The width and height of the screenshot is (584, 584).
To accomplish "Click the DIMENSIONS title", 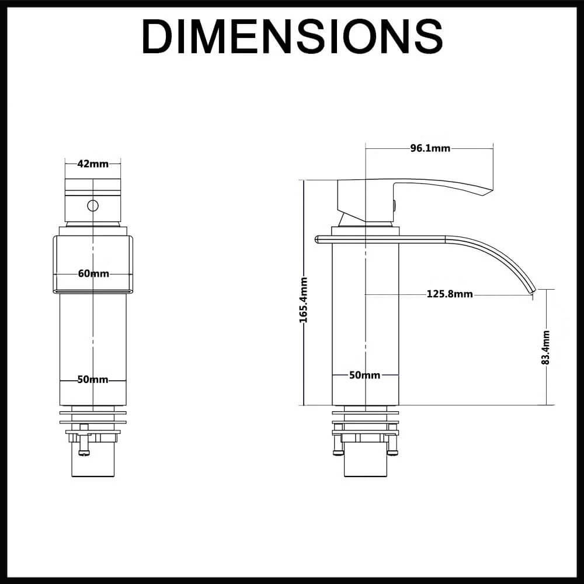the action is click(x=292, y=36).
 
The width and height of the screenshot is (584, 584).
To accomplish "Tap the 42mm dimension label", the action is click(x=93, y=164).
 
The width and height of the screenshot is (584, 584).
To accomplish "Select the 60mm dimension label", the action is click(x=93, y=273).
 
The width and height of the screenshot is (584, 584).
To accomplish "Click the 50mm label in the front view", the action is click(x=93, y=380).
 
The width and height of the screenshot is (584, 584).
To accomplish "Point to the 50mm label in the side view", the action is click(x=364, y=375).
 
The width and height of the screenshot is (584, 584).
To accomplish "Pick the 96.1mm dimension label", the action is click(x=430, y=148).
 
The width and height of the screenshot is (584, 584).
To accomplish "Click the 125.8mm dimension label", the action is click(x=450, y=294).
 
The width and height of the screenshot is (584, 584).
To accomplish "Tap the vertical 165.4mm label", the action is click(x=304, y=300).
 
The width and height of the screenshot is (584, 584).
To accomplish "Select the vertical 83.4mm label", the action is click(x=546, y=347).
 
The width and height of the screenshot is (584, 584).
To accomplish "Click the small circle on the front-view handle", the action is click(x=93, y=205).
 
